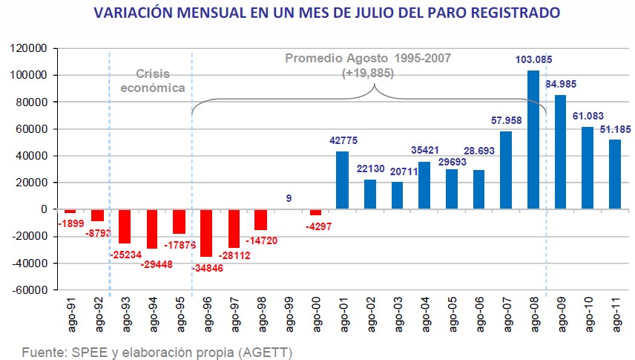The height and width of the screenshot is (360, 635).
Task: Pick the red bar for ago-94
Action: point(152,229)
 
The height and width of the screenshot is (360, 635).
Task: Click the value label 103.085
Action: point(533,59)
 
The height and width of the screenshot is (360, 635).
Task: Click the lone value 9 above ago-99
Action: point(288,198)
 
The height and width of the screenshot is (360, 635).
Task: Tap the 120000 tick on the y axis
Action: point(30,48)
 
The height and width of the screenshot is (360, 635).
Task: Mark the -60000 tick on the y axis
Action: point(30,290)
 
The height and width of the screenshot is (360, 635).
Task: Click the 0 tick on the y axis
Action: point(44,209)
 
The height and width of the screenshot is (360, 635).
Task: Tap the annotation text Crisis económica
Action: point(152,80)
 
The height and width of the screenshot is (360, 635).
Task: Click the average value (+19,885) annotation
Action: point(368,73)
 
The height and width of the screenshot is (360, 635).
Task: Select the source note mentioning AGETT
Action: point(157,351)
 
